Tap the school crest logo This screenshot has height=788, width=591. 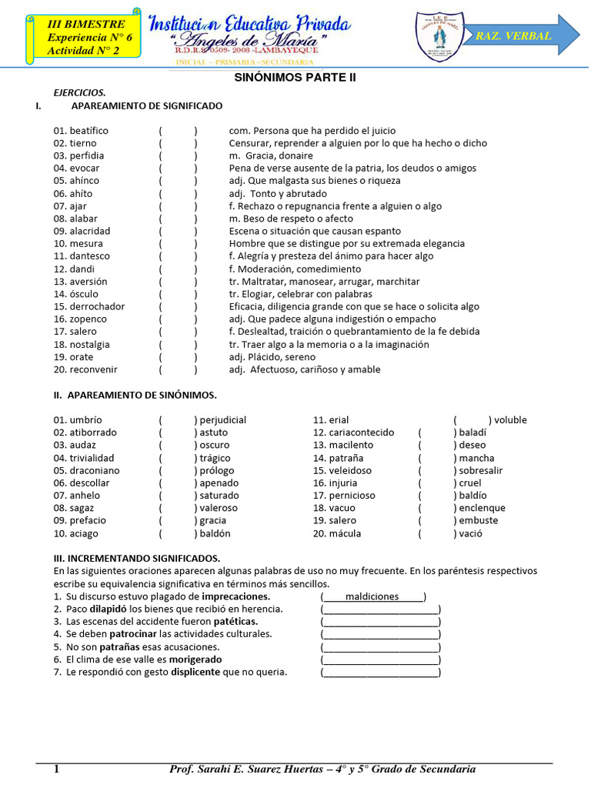tap(440, 36)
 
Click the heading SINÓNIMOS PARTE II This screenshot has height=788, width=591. tap(295, 78)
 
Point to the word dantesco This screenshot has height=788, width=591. tap(89, 256)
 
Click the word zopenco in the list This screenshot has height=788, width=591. tap(88, 319)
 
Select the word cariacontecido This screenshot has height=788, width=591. tap(361, 432)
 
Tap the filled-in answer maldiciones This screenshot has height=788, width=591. tap(372, 596)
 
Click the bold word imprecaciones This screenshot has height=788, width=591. tap(236, 596)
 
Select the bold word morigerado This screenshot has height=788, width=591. tap(195, 659)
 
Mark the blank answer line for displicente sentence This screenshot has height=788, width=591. tap(381, 673)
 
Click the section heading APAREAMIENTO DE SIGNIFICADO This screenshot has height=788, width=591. tap(146, 105)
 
